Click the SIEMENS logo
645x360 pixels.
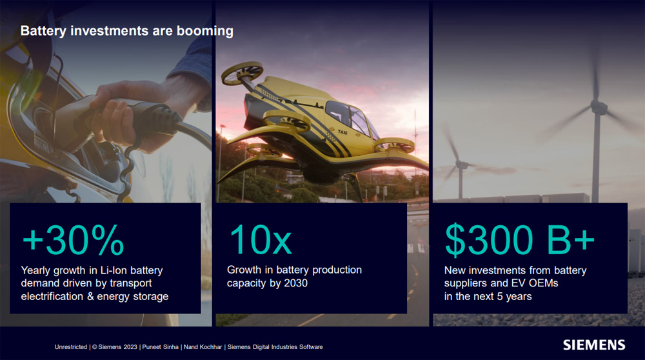[594, 345]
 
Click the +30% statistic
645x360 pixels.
[73, 240]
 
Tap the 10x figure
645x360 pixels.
[260, 239]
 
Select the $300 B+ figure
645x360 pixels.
[520, 239]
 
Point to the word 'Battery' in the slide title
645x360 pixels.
[43, 31]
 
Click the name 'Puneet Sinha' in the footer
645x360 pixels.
[160, 347]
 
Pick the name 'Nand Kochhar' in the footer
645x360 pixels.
[203, 347]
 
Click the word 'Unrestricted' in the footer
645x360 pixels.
[71, 347]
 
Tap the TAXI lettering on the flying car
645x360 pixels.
[342, 132]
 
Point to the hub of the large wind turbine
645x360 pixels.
[599, 108]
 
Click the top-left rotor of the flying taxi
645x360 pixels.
[242, 74]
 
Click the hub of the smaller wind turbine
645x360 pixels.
[461, 165]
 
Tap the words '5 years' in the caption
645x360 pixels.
[514, 296]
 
